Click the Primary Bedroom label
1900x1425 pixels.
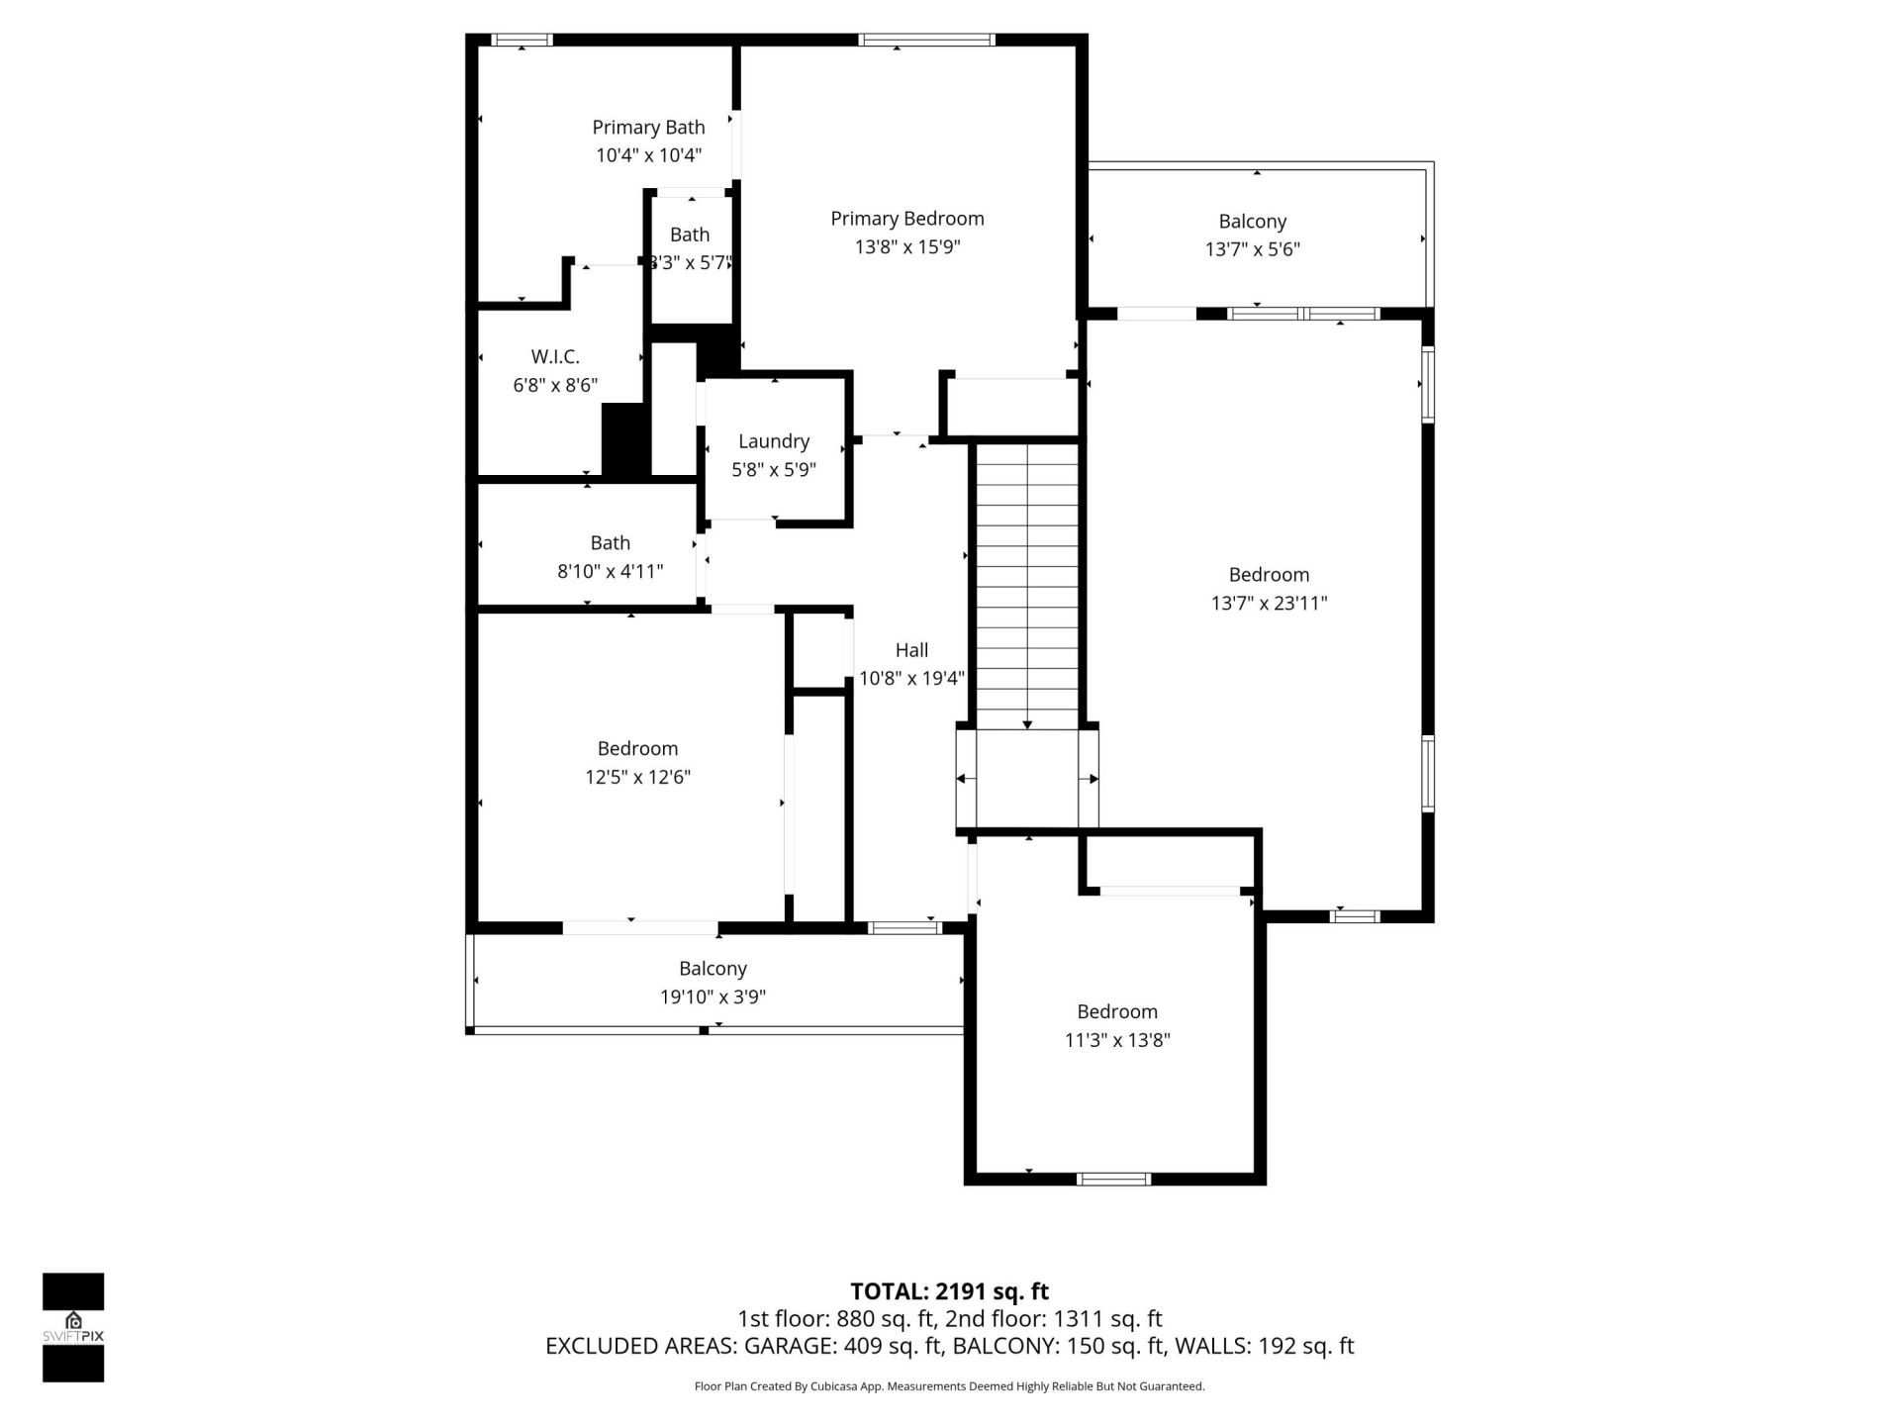906,219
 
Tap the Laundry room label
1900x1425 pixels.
773,441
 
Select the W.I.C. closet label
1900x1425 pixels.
555,356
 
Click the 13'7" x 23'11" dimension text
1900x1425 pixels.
1269,603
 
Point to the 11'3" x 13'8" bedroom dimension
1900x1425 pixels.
1117,1040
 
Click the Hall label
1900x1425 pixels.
911,650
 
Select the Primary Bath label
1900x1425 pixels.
648,127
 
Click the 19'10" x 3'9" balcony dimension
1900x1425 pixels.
712,997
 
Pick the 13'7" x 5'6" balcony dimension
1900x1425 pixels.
1252,249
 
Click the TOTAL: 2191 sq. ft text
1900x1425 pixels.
949,1291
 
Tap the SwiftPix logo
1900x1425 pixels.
73,1326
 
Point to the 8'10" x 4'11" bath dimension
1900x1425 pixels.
610,571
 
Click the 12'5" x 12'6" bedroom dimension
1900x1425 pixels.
637,777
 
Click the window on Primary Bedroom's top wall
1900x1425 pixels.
925,40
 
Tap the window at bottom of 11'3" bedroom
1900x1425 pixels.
1113,1179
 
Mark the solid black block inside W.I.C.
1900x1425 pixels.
624,440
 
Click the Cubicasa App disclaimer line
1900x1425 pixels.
949,1386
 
